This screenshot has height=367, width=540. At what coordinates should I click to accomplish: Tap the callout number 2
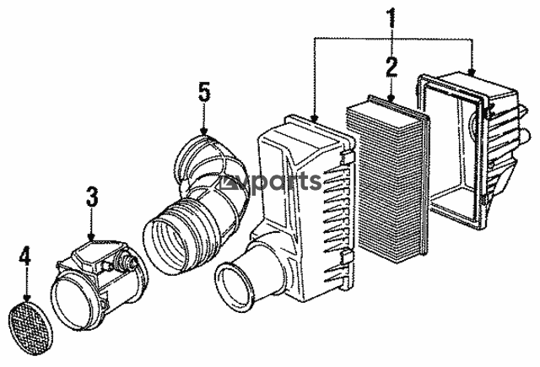[x=391, y=67]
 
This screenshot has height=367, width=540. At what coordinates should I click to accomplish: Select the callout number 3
[x=92, y=197]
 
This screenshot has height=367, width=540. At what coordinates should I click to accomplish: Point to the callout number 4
[x=25, y=256]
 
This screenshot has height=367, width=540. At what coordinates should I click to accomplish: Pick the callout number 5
[x=204, y=92]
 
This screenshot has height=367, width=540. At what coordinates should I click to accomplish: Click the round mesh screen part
[x=30, y=328]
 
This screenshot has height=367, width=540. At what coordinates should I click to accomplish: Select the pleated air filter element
[x=388, y=178]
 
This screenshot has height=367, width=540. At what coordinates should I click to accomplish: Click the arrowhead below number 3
[x=91, y=237]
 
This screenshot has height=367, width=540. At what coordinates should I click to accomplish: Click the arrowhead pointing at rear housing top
[x=472, y=73]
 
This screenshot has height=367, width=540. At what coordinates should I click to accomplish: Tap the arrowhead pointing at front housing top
[x=314, y=118]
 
